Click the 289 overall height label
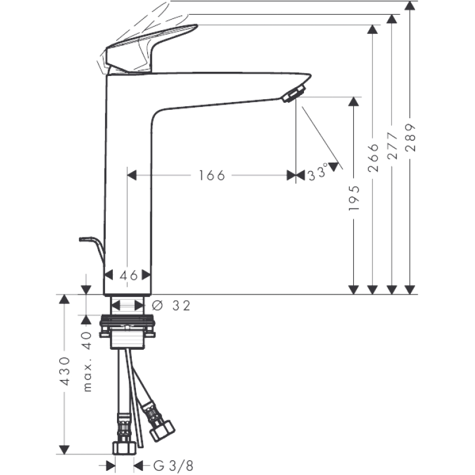(x=411, y=138)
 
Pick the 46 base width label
(x=129, y=275)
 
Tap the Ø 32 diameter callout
(x=173, y=305)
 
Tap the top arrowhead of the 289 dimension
(x=410, y=6)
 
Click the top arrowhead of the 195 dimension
(x=354, y=102)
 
